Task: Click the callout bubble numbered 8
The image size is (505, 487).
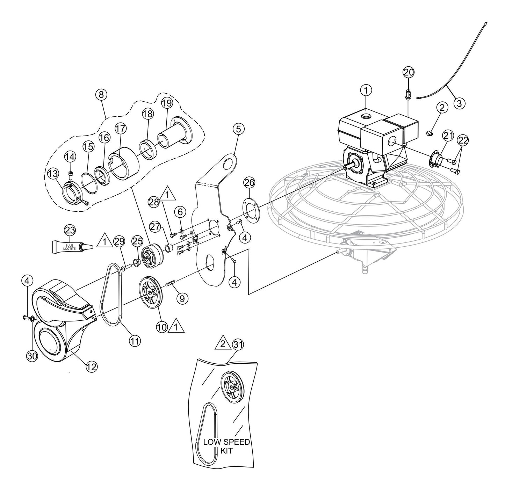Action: click(101, 94)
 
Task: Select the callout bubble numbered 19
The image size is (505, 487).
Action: click(167, 103)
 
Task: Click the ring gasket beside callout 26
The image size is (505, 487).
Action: click(251, 209)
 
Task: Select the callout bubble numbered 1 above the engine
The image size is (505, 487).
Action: click(366, 90)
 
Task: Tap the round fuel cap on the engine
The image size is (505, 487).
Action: click(366, 116)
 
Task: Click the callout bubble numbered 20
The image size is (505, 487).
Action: click(408, 72)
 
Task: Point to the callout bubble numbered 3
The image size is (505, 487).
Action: click(459, 103)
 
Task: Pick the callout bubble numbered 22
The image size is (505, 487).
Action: click(463, 140)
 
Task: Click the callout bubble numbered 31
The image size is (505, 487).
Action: click(238, 344)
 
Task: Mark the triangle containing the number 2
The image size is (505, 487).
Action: click(222, 344)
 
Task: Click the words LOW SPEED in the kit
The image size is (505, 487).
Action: click(226, 442)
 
